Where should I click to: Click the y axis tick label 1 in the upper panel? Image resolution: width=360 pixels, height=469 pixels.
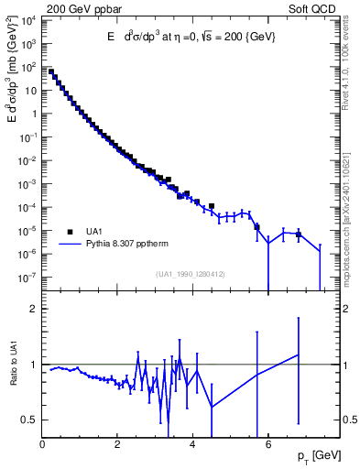pyautogui.click(x=35, y=115)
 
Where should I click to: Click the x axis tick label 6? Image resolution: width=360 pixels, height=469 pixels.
pyautogui.click(x=267, y=445)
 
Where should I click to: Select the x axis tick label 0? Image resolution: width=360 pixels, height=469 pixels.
pyautogui.click(x=43, y=445)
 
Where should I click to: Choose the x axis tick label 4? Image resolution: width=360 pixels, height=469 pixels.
pyautogui.click(x=192, y=445)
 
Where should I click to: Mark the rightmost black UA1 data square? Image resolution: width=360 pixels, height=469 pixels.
pyautogui.click(x=298, y=234)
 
